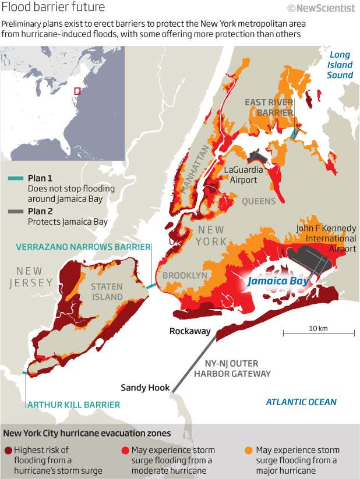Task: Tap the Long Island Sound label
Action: [x=340, y=65]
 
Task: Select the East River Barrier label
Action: [x=268, y=107]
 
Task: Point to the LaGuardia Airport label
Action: [x=243, y=175]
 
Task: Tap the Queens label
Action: [x=259, y=201]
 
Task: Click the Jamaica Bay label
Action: [x=277, y=281]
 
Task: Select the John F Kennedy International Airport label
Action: [x=326, y=239]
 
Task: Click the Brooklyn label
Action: [x=185, y=275]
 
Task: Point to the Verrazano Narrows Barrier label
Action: [x=83, y=247]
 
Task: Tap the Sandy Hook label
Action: [x=145, y=387]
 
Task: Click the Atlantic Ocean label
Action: [x=301, y=402]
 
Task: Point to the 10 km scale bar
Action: [x=319, y=333]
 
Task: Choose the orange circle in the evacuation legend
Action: [x=249, y=450]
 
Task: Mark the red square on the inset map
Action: [x=76, y=91]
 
